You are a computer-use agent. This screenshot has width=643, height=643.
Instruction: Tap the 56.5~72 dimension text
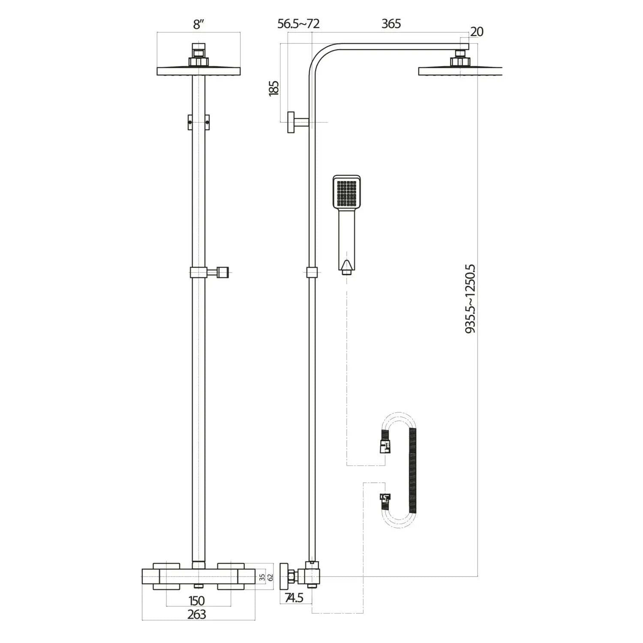click(298, 24)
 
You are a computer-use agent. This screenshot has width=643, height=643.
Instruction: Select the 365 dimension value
click(391, 24)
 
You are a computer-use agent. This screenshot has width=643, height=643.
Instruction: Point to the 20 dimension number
click(477, 32)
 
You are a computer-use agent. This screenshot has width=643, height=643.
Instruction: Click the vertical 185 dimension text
click(273, 87)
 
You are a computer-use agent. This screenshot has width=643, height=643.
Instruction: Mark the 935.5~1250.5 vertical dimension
click(470, 299)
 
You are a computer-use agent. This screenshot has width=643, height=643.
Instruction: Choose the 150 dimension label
click(197, 601)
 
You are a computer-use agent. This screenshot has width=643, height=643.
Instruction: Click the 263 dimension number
click(197, 614)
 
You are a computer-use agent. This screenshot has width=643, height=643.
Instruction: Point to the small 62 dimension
click(270, 577)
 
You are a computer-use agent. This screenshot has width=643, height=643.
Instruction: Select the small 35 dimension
click(262, 577)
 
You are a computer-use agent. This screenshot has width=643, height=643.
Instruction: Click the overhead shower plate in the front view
click(198, 71)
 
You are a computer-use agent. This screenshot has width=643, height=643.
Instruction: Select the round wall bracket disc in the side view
click(291, 122)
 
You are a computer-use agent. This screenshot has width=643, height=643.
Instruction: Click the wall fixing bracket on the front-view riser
click(198, 122)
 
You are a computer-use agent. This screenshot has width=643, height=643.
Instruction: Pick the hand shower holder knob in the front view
click(222, 272)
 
